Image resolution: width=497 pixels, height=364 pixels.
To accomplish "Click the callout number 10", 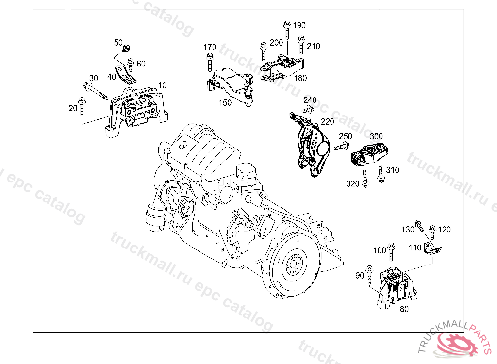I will coord(162,85).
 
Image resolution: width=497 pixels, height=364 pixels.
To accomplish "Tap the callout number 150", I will coord(225,103).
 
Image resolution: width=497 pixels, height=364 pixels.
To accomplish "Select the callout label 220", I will coord(328,122).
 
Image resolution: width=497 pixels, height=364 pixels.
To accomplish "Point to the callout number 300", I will coord(376,137).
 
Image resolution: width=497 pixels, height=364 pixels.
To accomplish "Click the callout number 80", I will coord(404,309).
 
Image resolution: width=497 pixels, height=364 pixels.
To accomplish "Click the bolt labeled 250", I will coord(342,146).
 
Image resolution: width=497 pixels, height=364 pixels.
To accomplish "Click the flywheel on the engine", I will coord(294,264).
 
